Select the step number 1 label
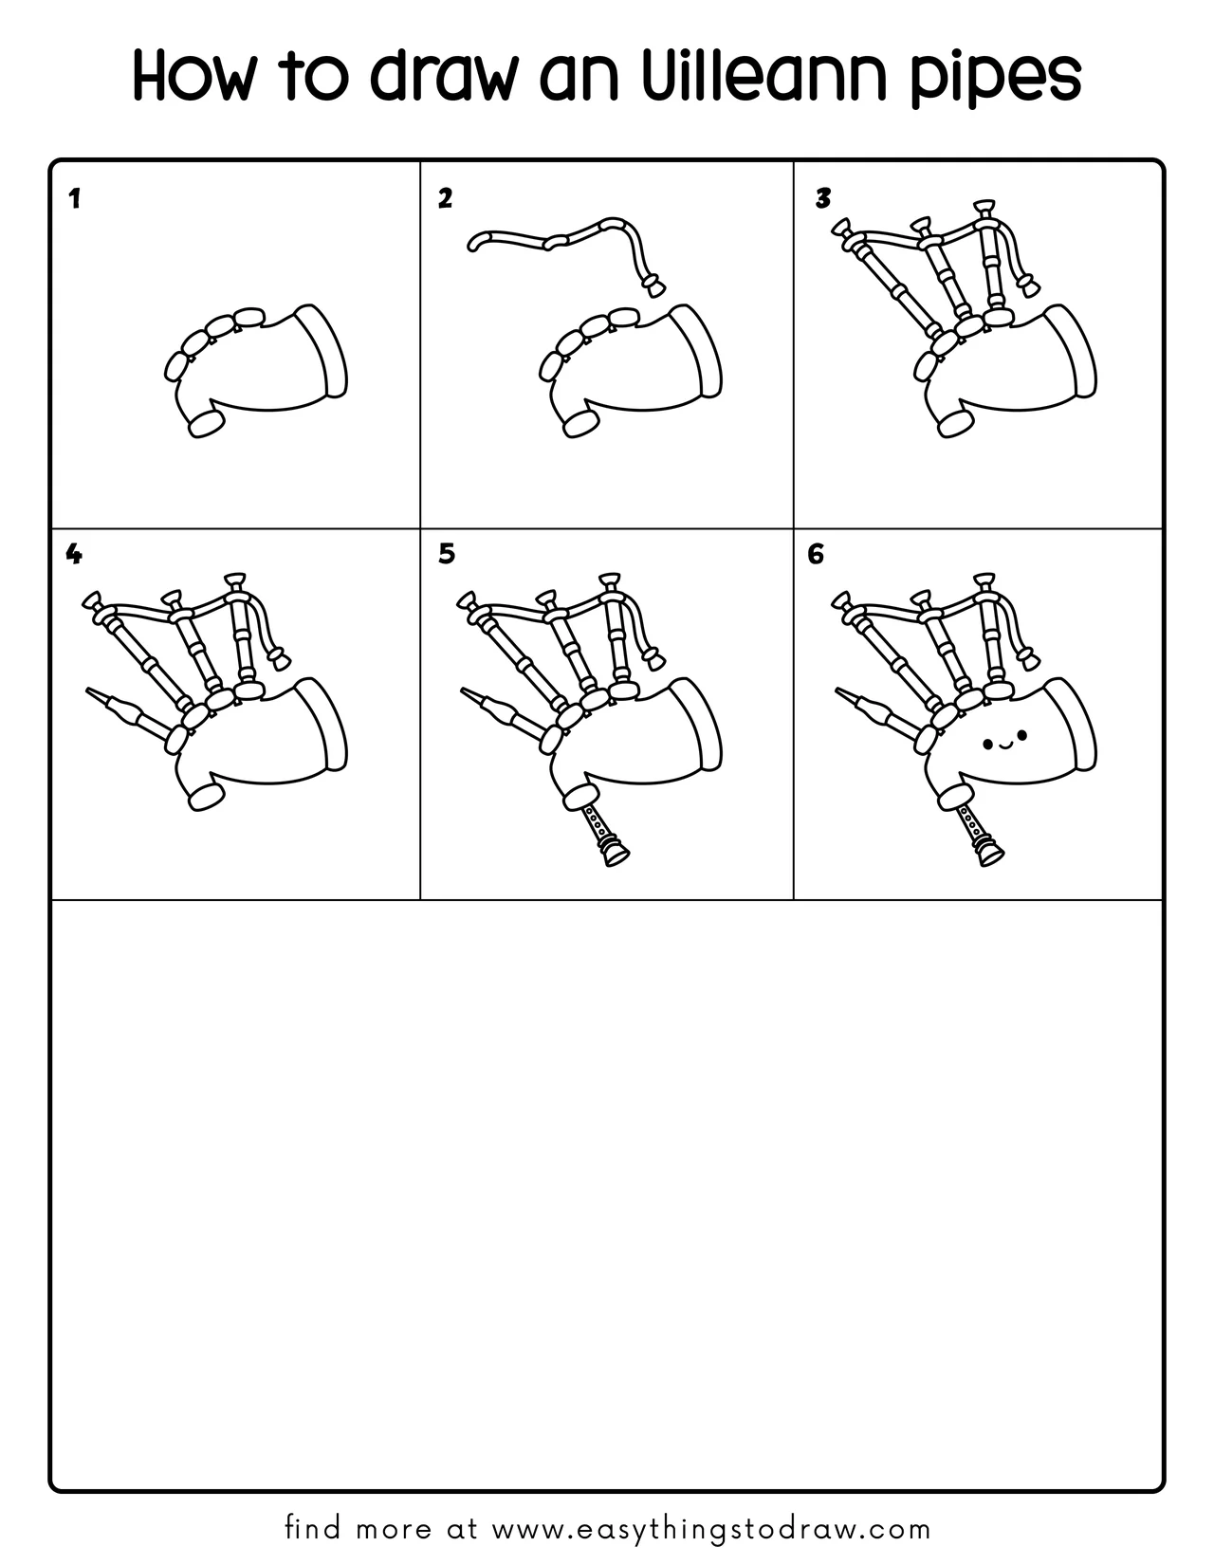74,199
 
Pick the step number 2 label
446,198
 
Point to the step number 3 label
823,198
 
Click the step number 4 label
73,554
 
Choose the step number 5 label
447,554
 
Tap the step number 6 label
817,554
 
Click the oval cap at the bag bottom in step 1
207,423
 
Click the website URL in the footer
711,1529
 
